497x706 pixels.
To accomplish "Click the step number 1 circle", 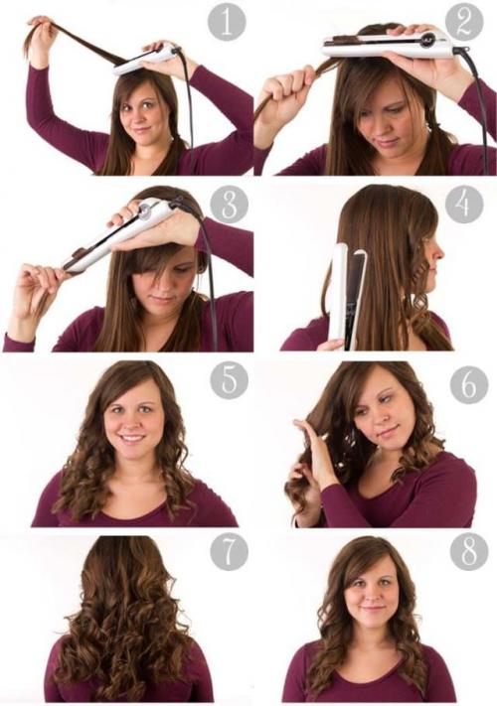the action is pos(227,22).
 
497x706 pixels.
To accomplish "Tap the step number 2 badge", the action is pos(464,22).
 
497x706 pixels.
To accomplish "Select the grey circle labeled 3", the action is pos(229,205).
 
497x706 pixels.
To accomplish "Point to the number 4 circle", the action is pos(464,205).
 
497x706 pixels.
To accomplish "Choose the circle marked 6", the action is pos(469,385).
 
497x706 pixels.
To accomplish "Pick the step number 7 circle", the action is pos(229,551).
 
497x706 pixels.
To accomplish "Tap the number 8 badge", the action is pos(469,551).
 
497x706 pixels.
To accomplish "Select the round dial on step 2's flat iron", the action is pos(428,40).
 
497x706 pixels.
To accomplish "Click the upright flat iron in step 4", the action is pos(347,297).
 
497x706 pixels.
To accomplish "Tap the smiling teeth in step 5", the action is pos(132,437).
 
